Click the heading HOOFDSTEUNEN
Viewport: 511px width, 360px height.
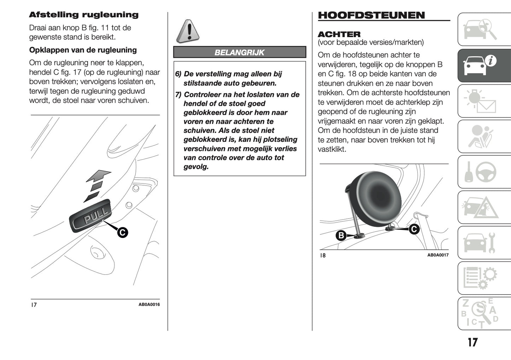(371, 15)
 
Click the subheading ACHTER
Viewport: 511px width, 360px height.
(339, 34)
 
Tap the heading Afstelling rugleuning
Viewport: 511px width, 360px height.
(83, 15)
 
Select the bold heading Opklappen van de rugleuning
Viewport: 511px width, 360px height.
(83, 50)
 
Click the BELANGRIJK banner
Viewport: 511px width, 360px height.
(239, 52)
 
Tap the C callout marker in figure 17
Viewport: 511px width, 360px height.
(122, 232)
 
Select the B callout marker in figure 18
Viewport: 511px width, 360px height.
(341, 236)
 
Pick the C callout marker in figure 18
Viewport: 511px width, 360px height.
(414, 229)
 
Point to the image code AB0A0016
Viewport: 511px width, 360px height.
(149, 304)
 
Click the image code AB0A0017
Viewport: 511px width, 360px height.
(438, 255)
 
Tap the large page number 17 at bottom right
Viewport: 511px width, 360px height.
(472, 342)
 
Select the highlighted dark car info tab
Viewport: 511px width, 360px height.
(483, 66)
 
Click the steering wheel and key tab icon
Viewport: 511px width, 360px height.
(483, 172)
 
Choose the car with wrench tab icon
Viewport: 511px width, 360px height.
(483, 243)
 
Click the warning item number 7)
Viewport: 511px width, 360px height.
(179, 94)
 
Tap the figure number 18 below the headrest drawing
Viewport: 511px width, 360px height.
(323, 255)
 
